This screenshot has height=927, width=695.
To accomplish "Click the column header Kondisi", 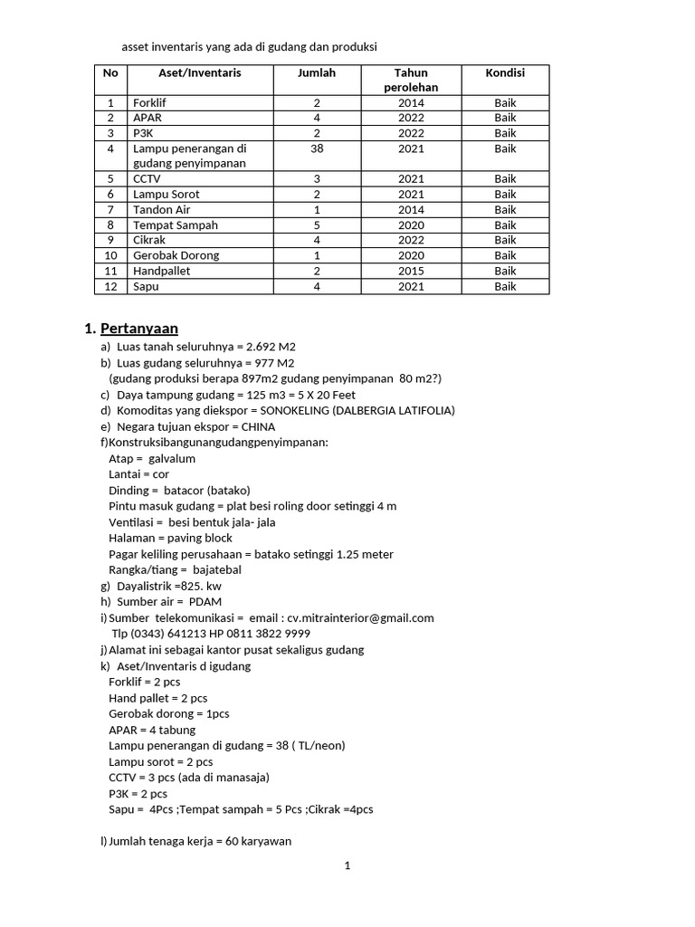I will [x=505, y=72].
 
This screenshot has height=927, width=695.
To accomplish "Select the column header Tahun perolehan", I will [x=411, y=80].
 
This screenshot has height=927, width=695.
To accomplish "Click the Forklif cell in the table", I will [x=149, y=103].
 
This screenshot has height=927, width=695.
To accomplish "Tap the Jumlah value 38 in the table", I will [x=317, y=148].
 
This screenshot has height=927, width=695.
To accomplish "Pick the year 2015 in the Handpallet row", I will [x=411, y=271].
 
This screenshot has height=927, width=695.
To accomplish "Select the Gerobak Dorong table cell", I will [x=176, y=255].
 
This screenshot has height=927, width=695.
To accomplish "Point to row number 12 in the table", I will [x=111, y=286].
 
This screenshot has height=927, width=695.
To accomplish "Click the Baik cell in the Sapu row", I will [x=505, y=286].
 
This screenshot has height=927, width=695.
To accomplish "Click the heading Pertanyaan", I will [x=139, y=329].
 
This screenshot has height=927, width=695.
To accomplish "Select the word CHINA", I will [x=258, y=427].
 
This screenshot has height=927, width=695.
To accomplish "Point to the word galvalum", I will [x=172, y=459].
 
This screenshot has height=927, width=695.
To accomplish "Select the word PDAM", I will [x=205, y=602].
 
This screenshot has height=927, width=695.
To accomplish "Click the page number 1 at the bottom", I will [x=347, y=865].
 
